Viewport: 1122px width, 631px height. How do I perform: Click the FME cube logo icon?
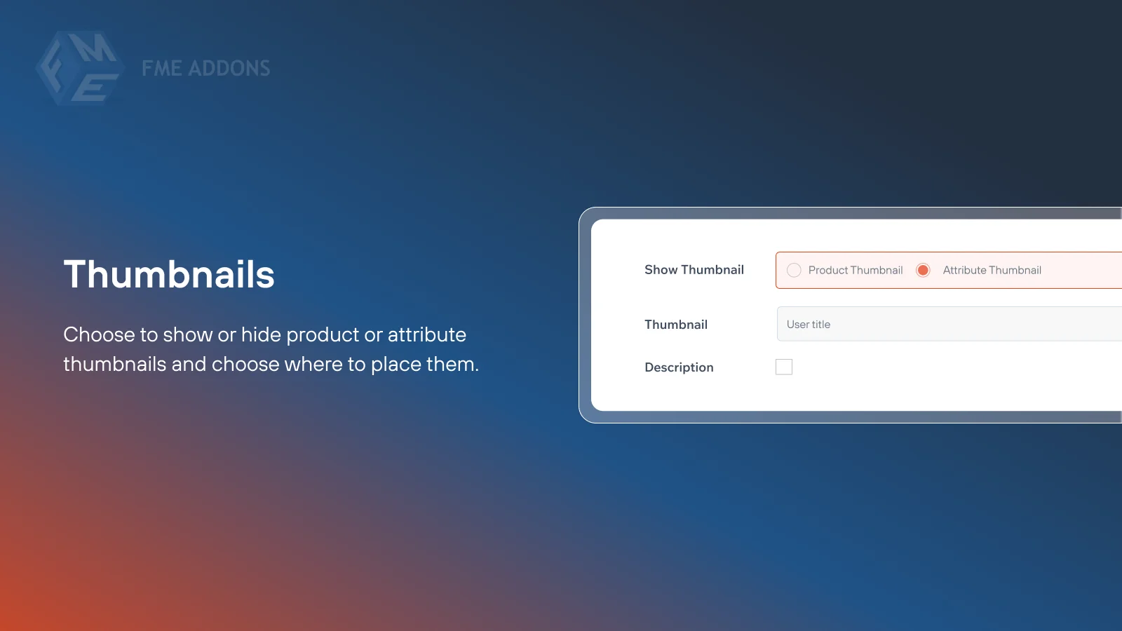coord(79,68)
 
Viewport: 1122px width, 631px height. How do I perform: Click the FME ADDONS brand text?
coord(205,69)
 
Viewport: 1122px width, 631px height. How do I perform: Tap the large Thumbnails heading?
coord(169,274)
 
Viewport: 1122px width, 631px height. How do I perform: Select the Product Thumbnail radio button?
coord(794,271)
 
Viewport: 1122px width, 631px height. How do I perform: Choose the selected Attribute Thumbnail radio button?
coord(923,271)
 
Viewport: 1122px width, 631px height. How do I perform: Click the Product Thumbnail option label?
coord(855,271)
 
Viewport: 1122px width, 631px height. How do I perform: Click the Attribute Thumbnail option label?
coord(992,271)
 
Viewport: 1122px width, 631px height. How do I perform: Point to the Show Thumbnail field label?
coord(694,270)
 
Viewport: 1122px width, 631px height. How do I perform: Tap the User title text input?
coord(947,324)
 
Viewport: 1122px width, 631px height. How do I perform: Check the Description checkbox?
coord(784,367)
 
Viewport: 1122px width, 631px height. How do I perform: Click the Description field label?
coord(679,367)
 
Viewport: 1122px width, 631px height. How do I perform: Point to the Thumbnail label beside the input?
coord(676,325)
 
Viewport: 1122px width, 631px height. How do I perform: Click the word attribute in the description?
coord(426,334)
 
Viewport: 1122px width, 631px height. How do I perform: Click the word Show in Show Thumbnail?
coord(661,270)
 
